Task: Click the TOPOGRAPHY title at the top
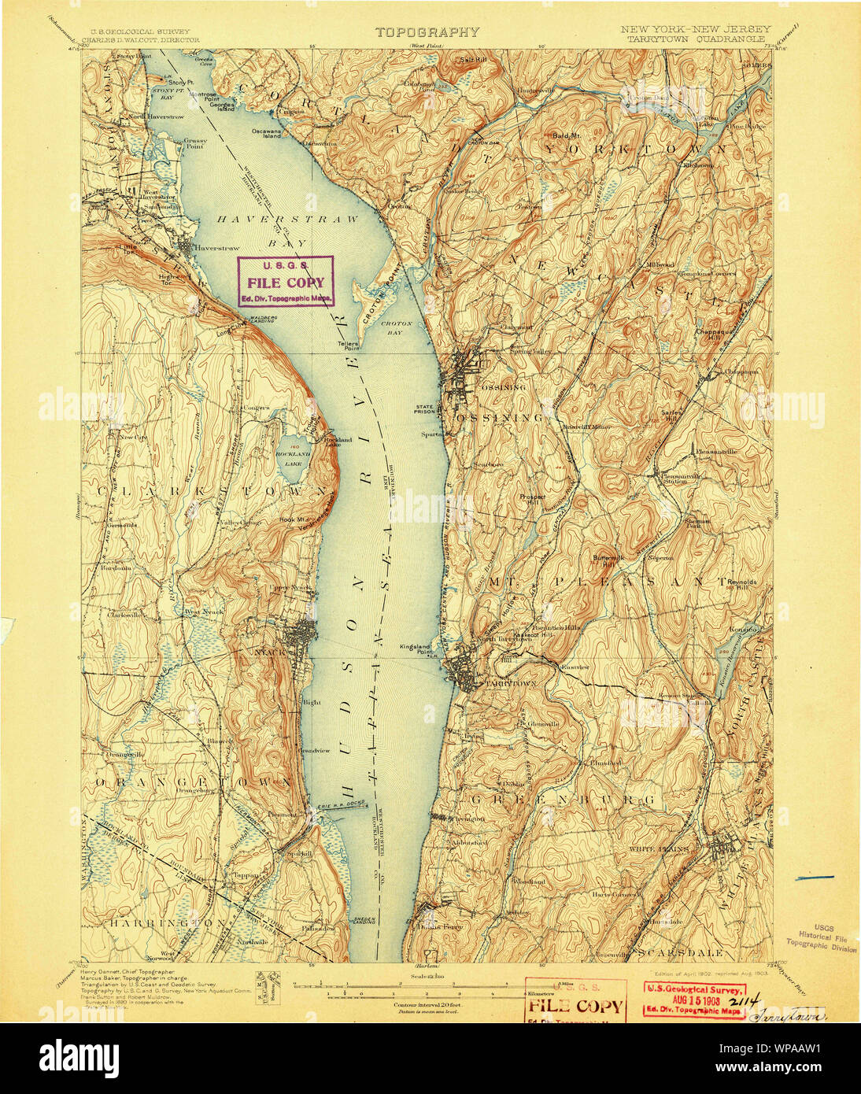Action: [427, 32]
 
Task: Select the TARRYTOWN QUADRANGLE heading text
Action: [697, 37]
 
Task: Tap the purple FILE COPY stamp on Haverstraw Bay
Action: [286, 281]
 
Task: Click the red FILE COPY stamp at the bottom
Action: [576, 1004]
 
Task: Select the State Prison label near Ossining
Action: [426, 410]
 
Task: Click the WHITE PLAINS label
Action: [659, 850]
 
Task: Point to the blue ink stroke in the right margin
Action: [814, 876]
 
